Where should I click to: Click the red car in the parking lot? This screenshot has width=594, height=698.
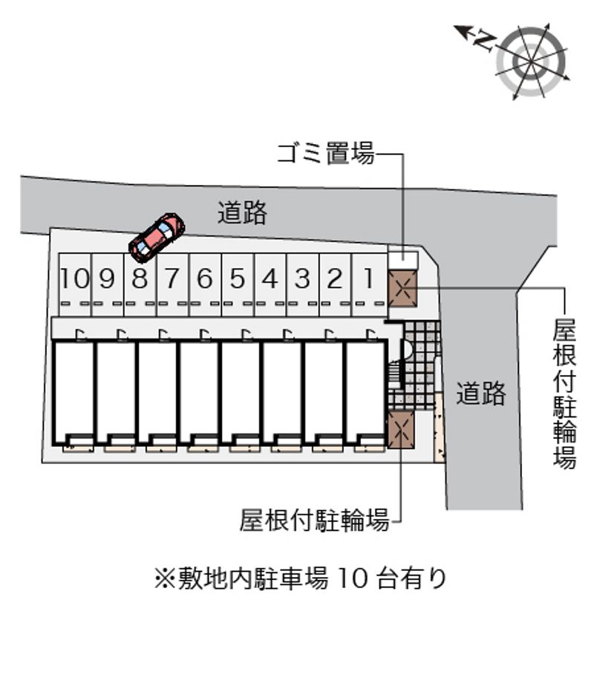tap(157, 237)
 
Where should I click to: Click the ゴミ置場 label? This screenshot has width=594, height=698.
tap(325, 154)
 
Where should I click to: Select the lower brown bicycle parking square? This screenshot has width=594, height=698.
tap(400, 430)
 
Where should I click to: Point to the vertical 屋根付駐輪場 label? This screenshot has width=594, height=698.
tap(565, 394)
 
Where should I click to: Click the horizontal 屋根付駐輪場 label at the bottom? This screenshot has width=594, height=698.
tap(314, 521)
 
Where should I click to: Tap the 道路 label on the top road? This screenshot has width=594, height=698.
tap(242, 213)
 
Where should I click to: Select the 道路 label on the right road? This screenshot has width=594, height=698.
tap(481, 394)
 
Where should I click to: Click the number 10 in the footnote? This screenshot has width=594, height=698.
tap(353, 578)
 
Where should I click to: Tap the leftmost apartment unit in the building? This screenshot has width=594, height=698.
tap(74, 389)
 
